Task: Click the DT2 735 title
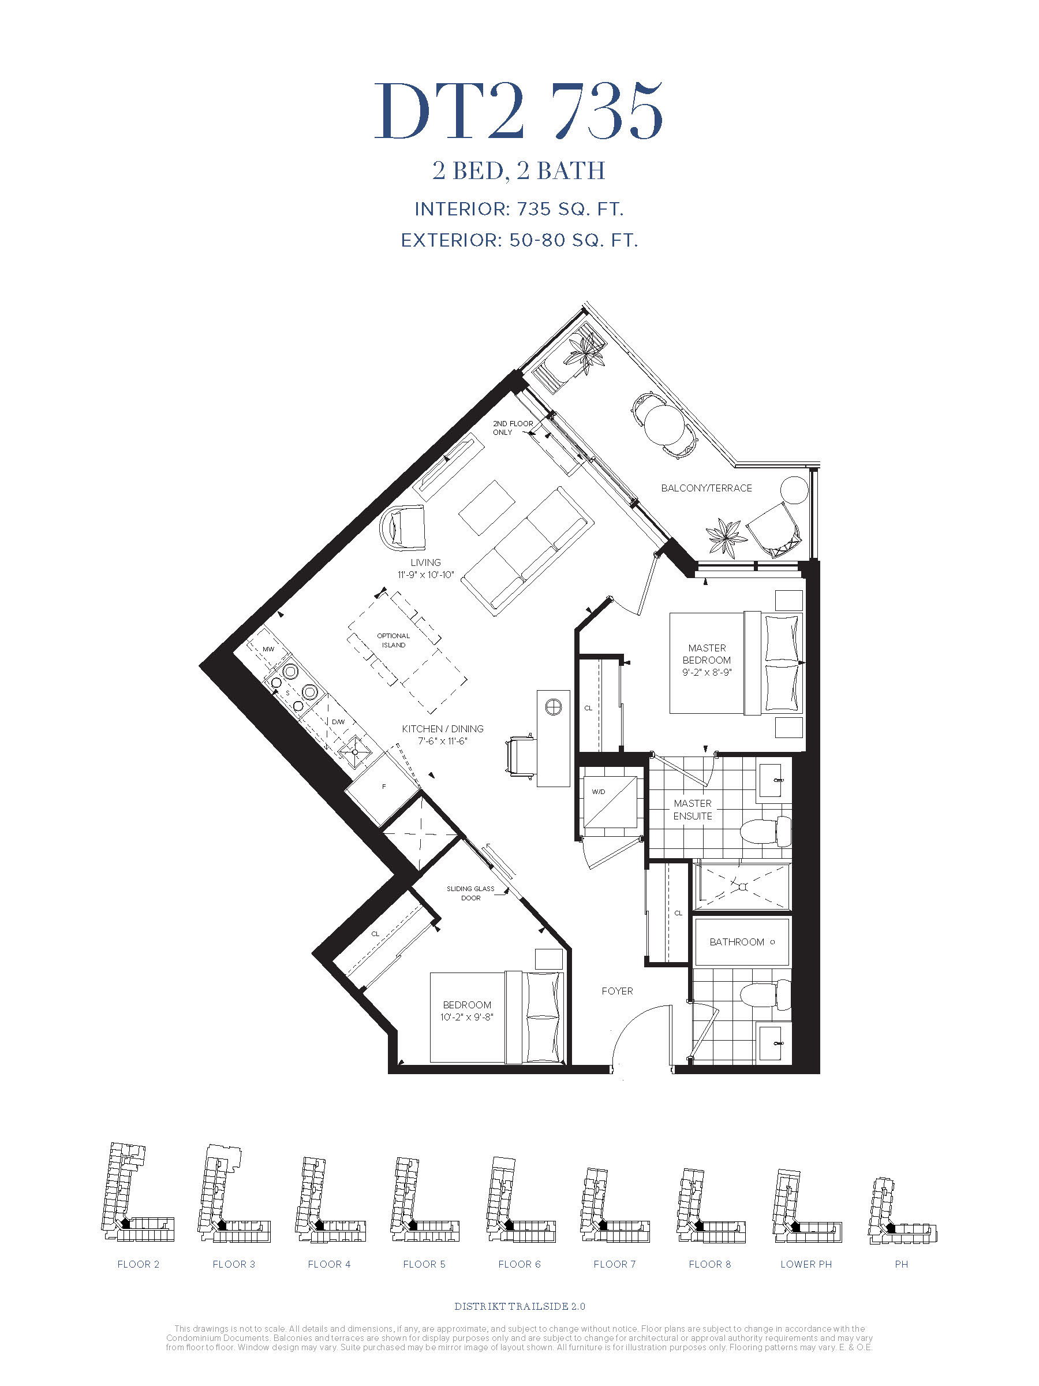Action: (x=518, y=111)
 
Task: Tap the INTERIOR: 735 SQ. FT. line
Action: (x=519, y=209)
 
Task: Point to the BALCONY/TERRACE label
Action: (x=707, y=488)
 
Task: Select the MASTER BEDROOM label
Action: (x=707, y=654)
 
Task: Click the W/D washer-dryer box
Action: (x=610, y=803)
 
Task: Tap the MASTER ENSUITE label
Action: (x=693, y=810)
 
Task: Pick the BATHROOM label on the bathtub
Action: (x=737, y=942)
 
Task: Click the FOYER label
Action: (x=618, y=990)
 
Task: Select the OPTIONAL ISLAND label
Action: (x=393, y=640)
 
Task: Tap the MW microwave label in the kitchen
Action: (x=268, y=649)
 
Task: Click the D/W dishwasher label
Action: (x=338, y=722)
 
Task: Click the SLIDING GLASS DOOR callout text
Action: (x=470, y=893)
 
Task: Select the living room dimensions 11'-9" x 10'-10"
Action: (x=426, y=575)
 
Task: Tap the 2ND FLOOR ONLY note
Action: (x=513, y=428)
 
